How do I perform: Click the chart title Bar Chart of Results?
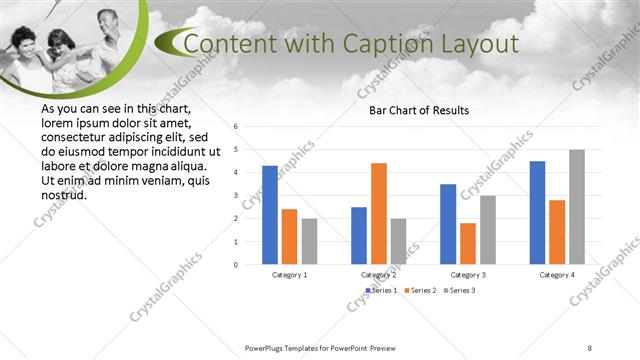419,110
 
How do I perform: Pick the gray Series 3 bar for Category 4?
577,207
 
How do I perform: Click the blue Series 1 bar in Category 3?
448,224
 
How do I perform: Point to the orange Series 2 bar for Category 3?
468,243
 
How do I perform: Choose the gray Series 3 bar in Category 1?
309,241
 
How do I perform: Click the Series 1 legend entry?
383,290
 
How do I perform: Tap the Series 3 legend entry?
459,290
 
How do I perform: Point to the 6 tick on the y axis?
235,127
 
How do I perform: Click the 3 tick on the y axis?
235,196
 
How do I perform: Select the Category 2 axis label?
379,274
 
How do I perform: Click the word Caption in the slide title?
379,45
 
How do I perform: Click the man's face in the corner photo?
106,21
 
